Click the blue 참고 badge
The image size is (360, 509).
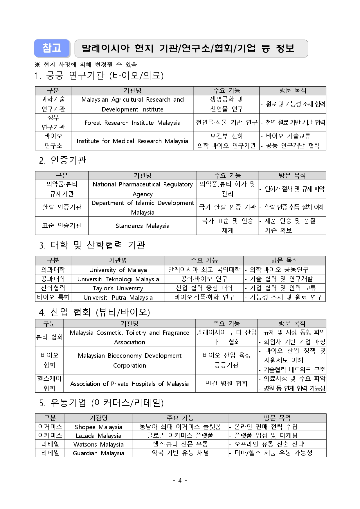tap(52, 48)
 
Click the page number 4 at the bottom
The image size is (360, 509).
tap(180, 481)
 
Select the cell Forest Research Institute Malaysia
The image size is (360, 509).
tap(132, 123)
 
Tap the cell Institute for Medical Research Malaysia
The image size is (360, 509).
tap(132, 141)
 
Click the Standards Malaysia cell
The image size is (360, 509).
tap(143, 226)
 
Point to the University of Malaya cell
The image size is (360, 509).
tap(118, 270)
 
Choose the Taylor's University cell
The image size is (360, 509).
tap(118, 288)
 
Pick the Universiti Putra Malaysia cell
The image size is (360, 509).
tap(118, 298)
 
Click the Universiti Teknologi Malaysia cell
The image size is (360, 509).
tap(118, 279)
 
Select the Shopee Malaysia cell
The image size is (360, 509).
tap(98, 427)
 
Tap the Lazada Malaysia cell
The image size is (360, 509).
tap(98, 436)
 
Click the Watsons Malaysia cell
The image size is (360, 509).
tap(98, 445)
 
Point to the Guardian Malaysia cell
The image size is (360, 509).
tap(98, 453)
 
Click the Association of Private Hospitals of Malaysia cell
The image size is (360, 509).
tap(129, 384)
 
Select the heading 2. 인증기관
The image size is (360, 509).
tap(63, 160)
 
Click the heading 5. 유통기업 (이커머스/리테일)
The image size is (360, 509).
tap(101, 403)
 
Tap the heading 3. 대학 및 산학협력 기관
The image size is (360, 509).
tap(92, 245)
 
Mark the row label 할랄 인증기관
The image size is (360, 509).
tap(62, 207)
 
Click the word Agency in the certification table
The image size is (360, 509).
tap(143, 194)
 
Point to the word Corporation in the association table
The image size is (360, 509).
tap(129, 366)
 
